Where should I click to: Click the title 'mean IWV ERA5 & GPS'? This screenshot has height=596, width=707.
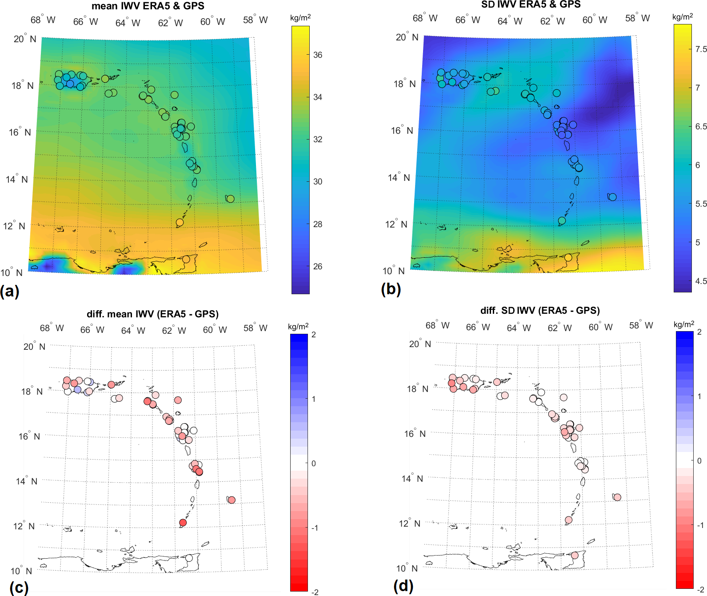coord(148,6)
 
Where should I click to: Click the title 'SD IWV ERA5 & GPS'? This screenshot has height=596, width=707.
coord(531,4)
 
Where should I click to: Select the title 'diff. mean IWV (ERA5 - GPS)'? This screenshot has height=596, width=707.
coord(152,314)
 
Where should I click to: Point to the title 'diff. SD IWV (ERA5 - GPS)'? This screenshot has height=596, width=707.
coord(540,311)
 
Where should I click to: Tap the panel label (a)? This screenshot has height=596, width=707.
coord(10,291)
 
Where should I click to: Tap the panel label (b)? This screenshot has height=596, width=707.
coord(391,289)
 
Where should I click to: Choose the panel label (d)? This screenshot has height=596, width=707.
coord(403,586)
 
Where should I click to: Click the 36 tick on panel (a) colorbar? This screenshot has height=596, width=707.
coord(318,55)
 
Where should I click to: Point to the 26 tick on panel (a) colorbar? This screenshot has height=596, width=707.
coord(318,266)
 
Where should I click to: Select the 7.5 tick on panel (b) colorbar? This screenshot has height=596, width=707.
coord(701,49)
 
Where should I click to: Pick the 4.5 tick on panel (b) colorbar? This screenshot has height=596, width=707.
coord(701,281)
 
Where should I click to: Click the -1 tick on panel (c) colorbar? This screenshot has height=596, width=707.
coord(315,528)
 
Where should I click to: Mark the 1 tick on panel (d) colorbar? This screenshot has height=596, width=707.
coord(699,396)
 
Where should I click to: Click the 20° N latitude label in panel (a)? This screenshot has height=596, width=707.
coord(24,39)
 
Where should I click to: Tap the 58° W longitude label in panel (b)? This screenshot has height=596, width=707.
coord(637,18)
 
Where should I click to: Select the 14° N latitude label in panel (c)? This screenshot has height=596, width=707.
coord(27,481)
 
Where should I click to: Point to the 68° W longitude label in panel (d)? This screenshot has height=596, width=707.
coord(437,325)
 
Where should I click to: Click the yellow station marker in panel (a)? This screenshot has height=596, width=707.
coord(180,222)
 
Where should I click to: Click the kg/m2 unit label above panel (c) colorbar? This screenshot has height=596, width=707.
coord(298,327)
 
